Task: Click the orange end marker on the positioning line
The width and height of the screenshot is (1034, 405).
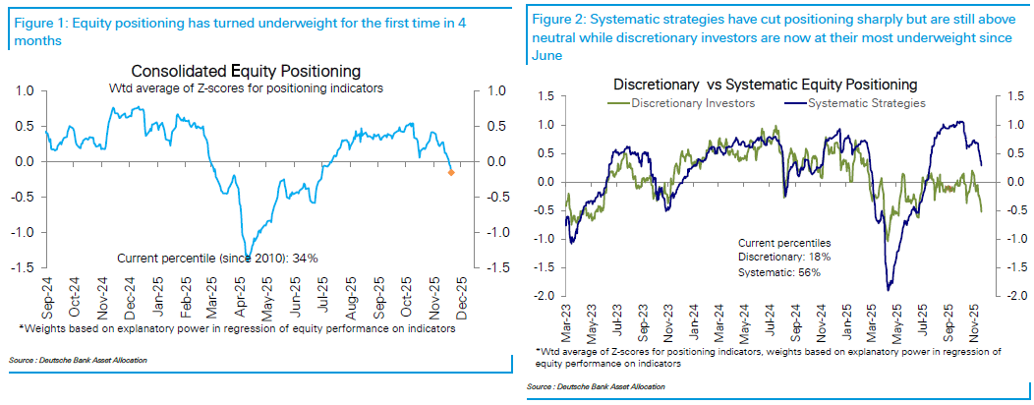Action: [x=451, y=173]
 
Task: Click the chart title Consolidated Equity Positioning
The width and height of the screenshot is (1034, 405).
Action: [x=246, y=72]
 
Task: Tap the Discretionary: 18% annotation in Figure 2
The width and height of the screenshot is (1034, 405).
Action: [x=785, y=257]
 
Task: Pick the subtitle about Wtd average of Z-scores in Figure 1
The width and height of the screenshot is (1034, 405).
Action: [x=246, y=88]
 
